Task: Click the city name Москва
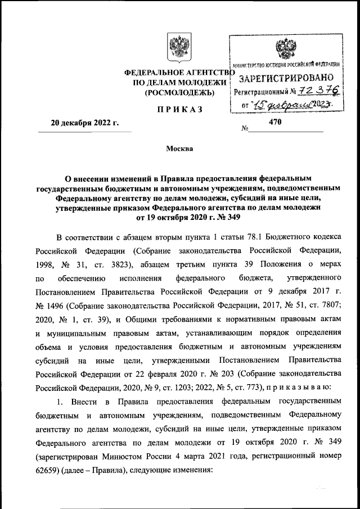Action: (179, 149)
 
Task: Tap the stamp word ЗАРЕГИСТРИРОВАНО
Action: (286, 78)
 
